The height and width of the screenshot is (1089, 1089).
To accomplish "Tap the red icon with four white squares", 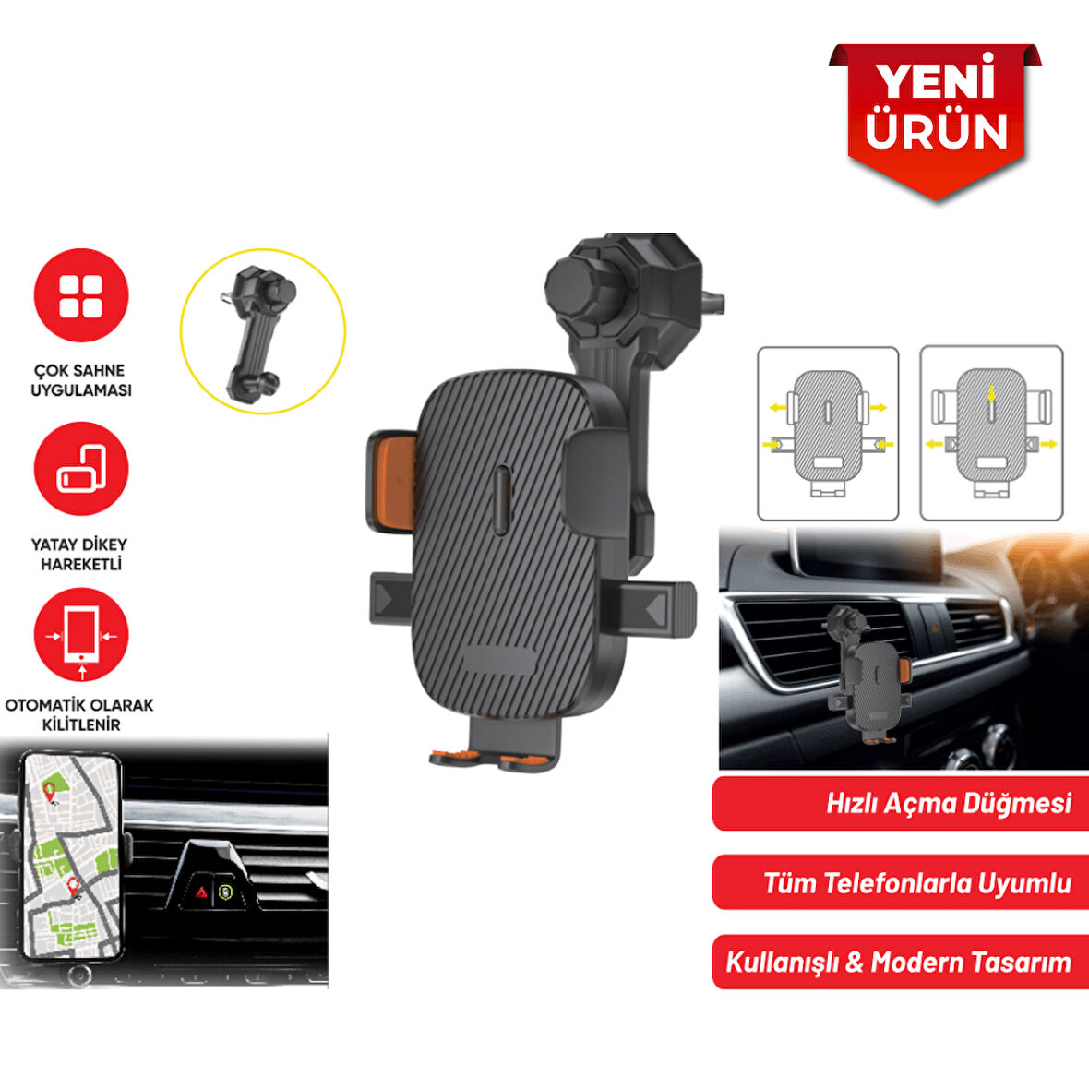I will pos(81,296).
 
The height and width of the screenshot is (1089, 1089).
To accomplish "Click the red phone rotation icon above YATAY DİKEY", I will pos(81,469).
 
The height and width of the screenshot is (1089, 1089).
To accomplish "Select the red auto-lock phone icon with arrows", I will pos(81,635).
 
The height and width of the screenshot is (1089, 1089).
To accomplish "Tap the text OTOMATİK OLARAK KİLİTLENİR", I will pos(80,714).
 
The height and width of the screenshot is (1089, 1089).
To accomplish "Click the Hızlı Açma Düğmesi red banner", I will pos(901,803).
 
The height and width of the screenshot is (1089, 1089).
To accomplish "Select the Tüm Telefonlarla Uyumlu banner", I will pos(901,883).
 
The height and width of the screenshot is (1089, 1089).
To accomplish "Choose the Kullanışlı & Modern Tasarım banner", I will pos(901,963).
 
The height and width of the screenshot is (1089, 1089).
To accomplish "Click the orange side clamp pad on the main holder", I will pos(390,482).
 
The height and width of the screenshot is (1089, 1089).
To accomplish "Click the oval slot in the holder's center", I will pos(501,499).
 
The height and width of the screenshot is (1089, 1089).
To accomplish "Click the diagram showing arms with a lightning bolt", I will pos(991,433).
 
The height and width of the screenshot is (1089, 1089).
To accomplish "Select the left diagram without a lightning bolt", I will pos(828,433).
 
